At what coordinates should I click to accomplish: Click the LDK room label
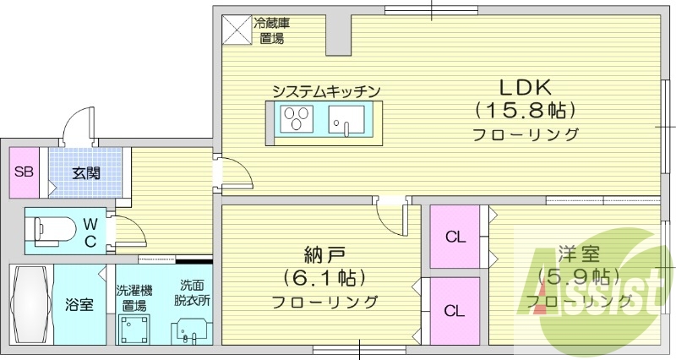pos(524,87)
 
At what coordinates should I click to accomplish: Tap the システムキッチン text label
pos(325,91)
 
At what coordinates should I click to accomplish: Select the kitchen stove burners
pos(297,118)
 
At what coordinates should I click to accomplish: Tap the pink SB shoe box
pos(24,172)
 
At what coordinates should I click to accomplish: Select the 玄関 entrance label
pos(85,174)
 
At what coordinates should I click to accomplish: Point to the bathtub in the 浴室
pos(31,303)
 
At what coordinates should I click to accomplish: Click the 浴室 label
pos(80,304)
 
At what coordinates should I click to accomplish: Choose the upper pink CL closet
pos(455,237)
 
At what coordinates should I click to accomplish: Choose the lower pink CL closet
pos(455,311)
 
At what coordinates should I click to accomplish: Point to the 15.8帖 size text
pos(525,110)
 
